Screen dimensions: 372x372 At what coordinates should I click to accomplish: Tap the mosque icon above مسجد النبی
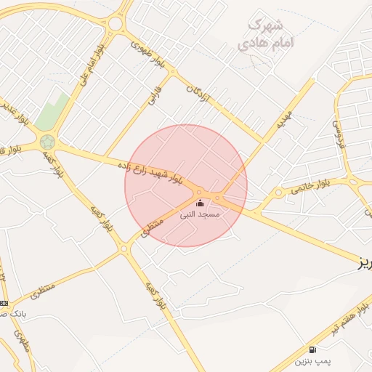[x=200, y=203]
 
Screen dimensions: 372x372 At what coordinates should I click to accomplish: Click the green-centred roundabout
[x=48, y=142]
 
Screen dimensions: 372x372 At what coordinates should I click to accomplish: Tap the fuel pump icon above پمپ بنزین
[x=312, y=349]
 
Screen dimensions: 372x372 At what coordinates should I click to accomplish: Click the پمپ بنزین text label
[x=312, y=361]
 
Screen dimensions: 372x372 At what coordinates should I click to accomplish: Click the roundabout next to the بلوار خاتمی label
[x=278, y=193]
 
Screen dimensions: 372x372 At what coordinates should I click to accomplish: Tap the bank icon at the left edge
[x=4, y=303]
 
